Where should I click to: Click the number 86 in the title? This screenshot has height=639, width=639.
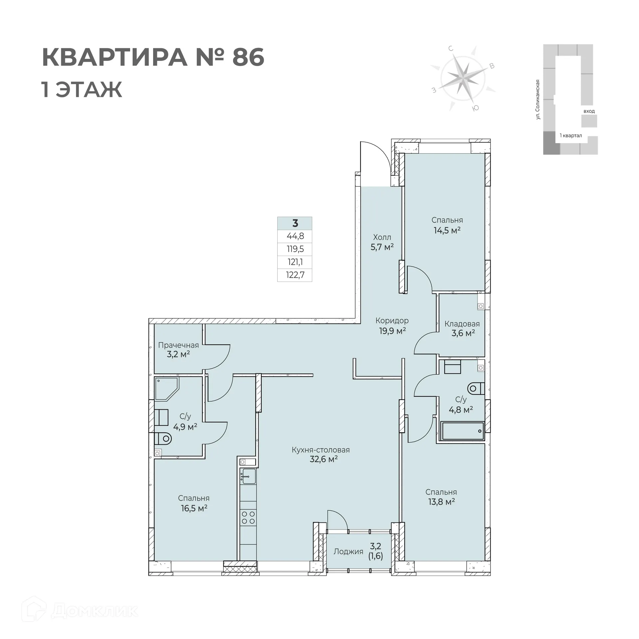(248, 57)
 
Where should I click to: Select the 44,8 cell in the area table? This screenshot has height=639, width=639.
(295, 236)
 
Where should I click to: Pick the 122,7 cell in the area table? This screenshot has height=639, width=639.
(295, 275)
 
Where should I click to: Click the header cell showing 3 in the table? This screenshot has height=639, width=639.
(295, 223)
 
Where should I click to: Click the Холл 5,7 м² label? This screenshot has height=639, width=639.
(382, 242)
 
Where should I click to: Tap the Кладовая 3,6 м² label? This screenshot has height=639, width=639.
(462, 328)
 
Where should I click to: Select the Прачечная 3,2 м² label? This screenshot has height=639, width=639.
(178, 349)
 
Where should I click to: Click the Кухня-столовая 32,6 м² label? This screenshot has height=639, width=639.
(321, 455)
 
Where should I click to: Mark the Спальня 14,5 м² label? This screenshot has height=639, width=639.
(447, 225)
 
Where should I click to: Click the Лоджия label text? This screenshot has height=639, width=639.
(348, 551)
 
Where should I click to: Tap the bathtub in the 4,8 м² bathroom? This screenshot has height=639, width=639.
(462, 431)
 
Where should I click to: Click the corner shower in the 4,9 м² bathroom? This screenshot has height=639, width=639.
(166, 388)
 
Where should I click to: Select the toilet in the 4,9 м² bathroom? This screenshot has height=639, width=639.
(163, 439)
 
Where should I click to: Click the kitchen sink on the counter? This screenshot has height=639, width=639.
(248, 477)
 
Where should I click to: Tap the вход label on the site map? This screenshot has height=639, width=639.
(589, 111)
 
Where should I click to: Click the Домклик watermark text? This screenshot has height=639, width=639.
(95, 611)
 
